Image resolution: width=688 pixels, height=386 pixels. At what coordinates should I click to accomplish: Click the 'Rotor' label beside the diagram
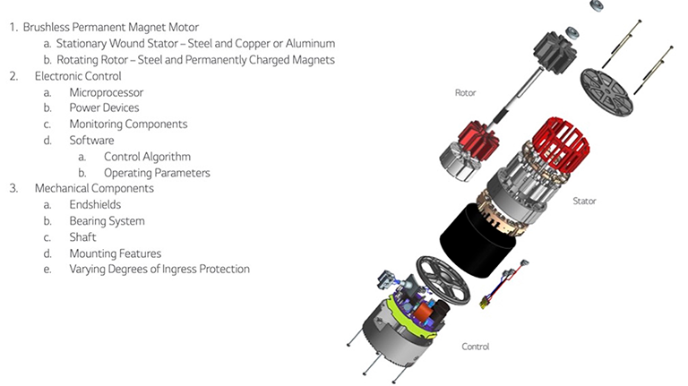pyautogui.click(x=465, y=92)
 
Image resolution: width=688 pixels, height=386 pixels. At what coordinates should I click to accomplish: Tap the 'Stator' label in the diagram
pyautogui.click(x=584, y=202)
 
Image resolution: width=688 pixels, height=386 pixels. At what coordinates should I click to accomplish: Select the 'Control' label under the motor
pyautogui.click(x=475, y=346)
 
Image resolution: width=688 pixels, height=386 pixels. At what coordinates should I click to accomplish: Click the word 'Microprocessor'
pyautogui.click(x=106, y=92)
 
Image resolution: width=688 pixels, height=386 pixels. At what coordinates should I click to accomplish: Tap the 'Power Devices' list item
pyautogui.click(x=104, y=108)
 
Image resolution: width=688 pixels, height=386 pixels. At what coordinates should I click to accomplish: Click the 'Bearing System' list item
pyautogui.click(x=107, y=221)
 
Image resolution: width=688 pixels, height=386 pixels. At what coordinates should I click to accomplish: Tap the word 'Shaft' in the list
pyautogui.click(x=82, y=237)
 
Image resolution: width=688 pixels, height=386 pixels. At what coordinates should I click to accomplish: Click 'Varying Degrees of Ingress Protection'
pyautogui.click(x=159, y=270)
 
